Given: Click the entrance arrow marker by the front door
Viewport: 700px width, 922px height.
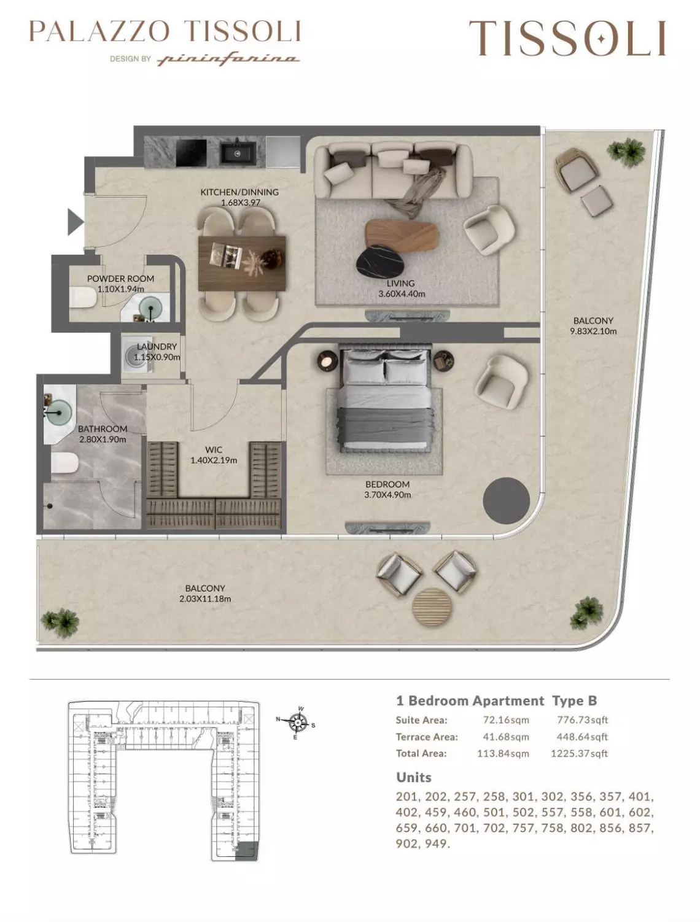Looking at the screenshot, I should (75, 222).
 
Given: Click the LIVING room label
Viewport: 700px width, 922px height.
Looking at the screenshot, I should (400, 284).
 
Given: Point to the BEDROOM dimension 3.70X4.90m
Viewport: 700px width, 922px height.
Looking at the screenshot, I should (387, 495).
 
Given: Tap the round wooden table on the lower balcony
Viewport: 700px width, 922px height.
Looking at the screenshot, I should (432, 607).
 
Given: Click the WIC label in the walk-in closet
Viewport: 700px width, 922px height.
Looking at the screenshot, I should (214, 450).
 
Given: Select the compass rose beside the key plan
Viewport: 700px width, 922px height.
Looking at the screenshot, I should (298, 724).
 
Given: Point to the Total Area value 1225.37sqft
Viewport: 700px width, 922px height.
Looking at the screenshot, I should (579, 753).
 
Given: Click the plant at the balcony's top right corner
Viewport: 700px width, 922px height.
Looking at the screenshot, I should (625, 150).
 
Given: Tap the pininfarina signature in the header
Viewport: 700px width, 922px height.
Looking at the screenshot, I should (228, 60).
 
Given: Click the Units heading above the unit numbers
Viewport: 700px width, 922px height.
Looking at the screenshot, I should (414, 777).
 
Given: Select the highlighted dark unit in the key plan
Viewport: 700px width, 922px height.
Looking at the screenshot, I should (247, 850).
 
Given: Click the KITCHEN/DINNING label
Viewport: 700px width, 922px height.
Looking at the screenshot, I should (239, 192).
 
